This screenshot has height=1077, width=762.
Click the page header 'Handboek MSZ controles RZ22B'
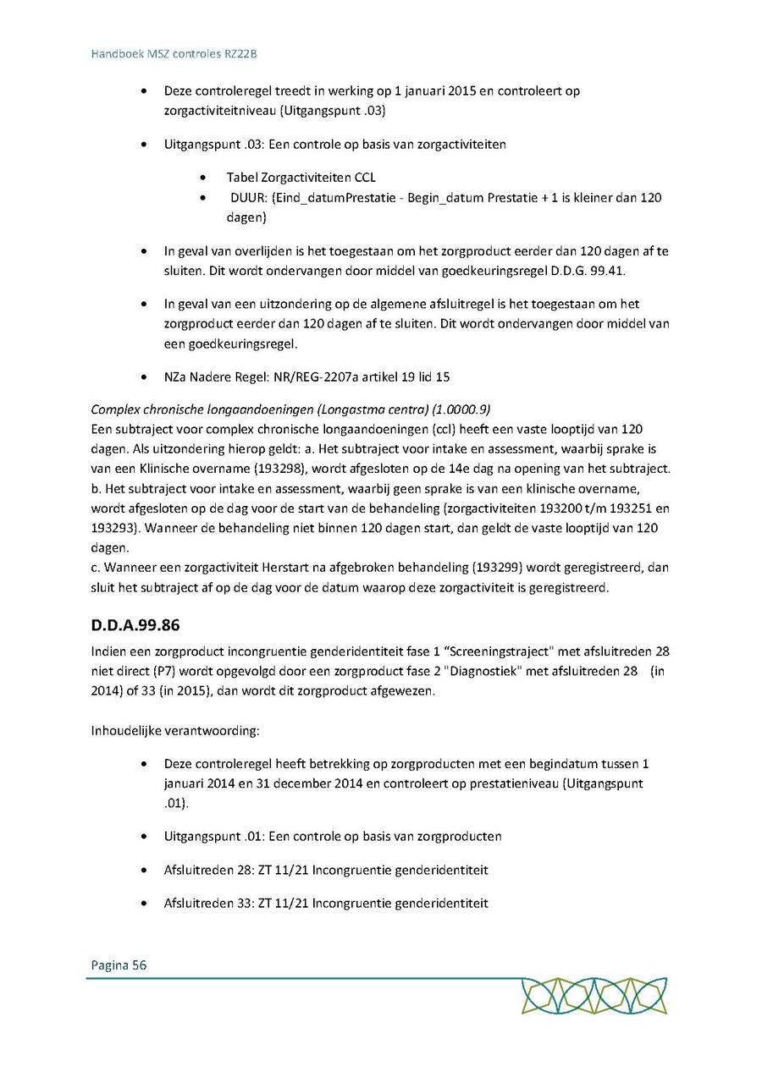point(174,53)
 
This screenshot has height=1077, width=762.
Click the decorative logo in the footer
point(594,996)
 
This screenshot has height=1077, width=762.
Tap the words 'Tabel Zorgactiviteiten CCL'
point(301,178)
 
